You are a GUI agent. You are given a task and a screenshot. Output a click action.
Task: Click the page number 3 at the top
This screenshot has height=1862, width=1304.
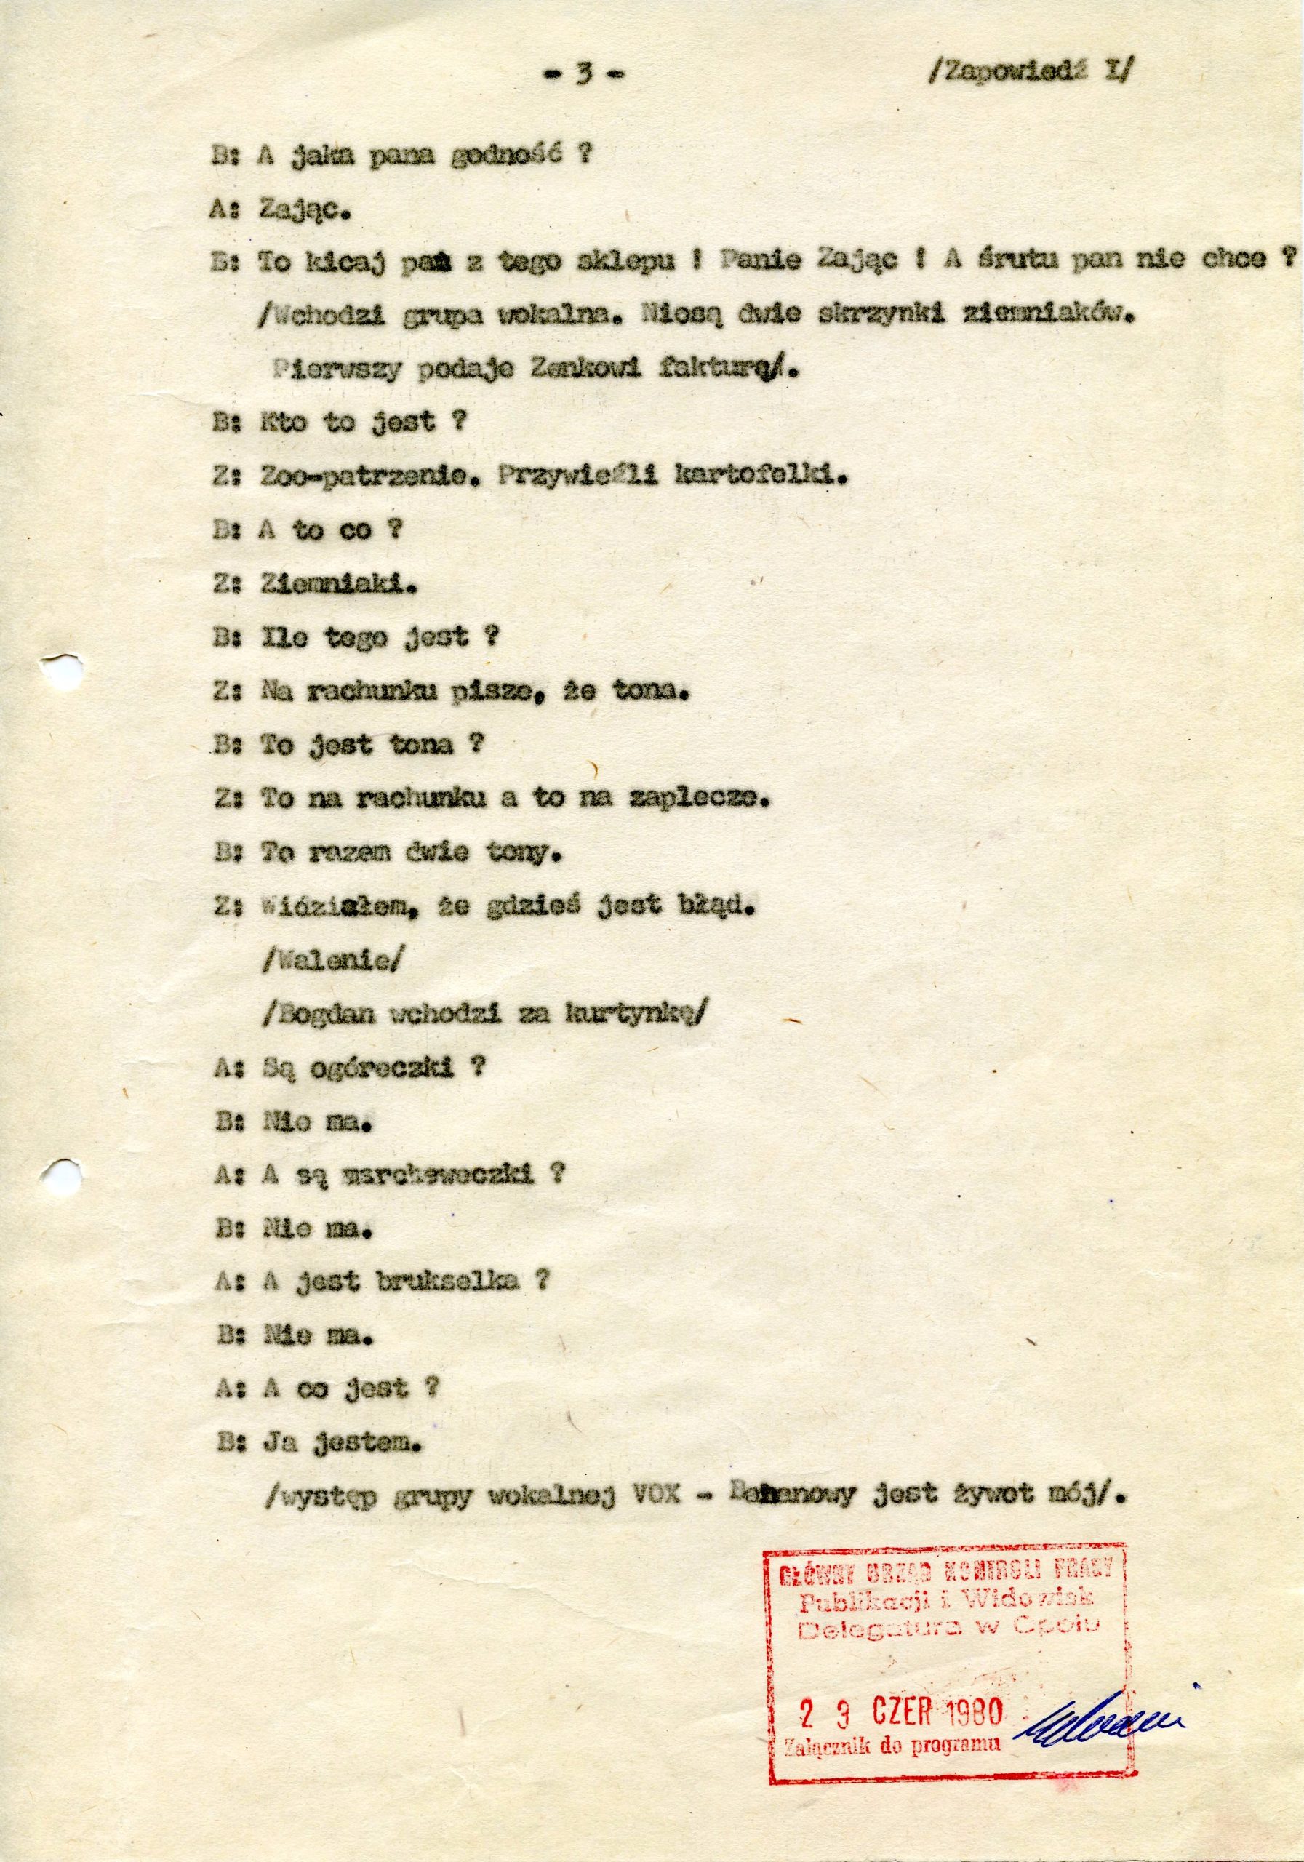click(581, 75)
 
